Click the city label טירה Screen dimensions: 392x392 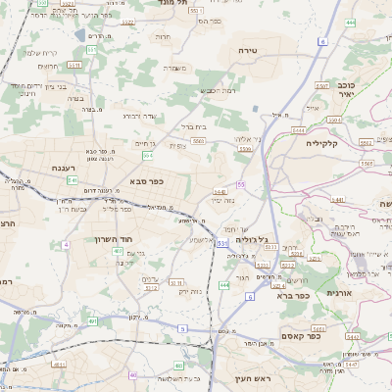pos(247,47)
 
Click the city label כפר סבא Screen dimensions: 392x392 pos(144,181)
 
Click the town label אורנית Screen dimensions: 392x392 pos(338,293)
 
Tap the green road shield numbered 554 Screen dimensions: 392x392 pos(148,154)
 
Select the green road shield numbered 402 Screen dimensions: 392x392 pos(117,251)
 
